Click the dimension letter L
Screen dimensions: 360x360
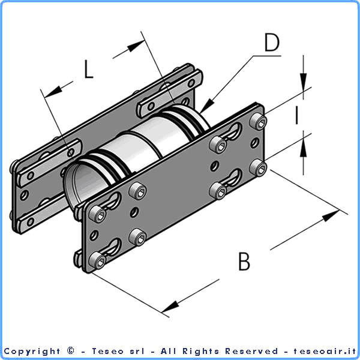[x=88, y=69]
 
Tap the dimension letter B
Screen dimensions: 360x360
[x=244, y=262]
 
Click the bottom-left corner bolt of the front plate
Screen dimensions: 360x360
[x=96, y=260]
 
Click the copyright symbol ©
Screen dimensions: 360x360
[x=71, y=351]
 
